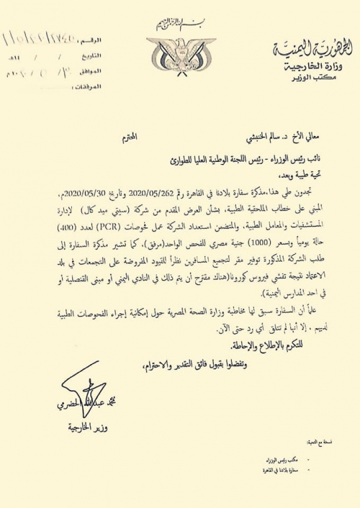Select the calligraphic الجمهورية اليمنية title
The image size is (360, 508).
pyautogui.click(x=314, y=50)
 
